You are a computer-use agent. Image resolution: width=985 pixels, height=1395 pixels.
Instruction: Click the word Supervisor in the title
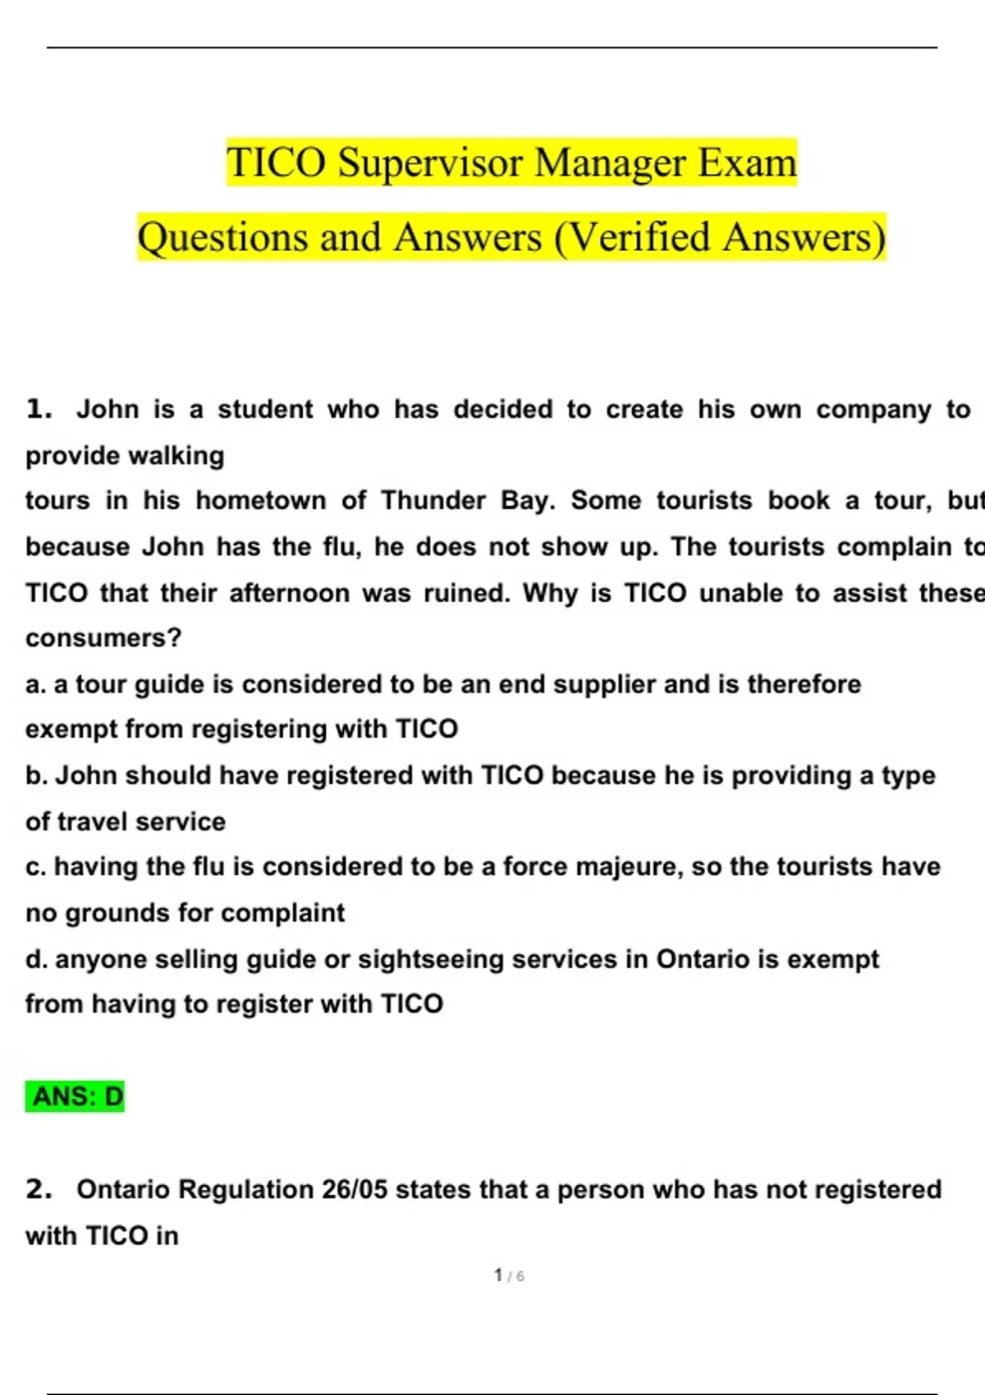point(430,162)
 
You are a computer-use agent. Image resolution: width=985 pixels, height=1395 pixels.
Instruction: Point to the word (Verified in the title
point(632,238)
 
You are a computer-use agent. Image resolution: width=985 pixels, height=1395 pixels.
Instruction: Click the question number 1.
point(39,409)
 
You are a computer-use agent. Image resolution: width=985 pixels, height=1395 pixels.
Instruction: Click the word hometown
point(261,500)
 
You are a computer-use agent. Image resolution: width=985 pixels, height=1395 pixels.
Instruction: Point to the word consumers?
point(103,638)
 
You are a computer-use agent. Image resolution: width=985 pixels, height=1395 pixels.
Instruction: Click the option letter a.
point(34,684)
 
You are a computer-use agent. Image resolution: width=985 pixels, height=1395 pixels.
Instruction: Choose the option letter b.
point(34,775)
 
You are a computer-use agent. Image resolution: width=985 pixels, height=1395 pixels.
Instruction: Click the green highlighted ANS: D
point(75,1096)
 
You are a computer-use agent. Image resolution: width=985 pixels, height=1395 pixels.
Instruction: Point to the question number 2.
point(39,1189)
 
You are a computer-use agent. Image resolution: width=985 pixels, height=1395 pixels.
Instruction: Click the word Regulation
point(245,1189)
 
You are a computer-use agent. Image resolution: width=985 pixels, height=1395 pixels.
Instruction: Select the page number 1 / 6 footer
point(509,1276)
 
